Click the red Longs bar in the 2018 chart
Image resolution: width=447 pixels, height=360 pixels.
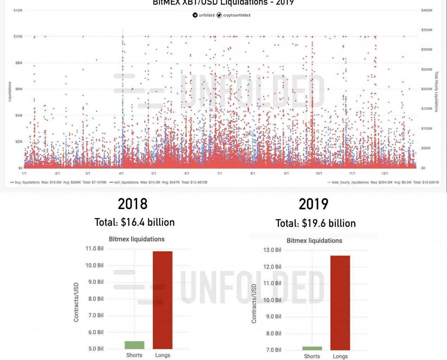coord(163,300)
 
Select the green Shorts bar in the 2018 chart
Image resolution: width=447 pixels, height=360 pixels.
coord(134,345)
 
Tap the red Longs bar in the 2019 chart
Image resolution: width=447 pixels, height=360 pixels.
coord(340,303)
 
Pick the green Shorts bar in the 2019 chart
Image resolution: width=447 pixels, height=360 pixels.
coord(312,348)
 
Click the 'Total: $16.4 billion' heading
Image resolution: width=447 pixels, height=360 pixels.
coord(135,222)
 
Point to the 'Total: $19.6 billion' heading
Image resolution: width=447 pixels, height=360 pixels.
coord(316,223)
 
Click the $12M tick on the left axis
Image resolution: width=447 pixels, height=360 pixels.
coord(18,10)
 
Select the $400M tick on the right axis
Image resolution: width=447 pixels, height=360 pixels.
coord(427,10)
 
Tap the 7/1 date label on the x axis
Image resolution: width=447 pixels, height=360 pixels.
coord(219,173)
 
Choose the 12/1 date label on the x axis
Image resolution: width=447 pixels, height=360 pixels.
coord(385,173)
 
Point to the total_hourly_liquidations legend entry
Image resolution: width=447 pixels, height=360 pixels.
coord(350,182)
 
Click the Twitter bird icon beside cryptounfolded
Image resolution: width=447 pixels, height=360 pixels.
coord(219,15)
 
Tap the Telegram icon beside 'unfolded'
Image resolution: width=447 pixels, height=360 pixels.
coord(195,15)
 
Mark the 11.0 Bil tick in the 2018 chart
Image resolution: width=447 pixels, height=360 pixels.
coord(94,249)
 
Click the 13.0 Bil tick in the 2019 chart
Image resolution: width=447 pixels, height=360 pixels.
coord(272,250)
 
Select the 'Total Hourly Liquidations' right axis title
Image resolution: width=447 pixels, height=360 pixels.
coord(436,92)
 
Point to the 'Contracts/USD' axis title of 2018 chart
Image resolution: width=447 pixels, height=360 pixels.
coord(76,302)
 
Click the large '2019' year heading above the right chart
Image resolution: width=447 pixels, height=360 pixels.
coord(313,204)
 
